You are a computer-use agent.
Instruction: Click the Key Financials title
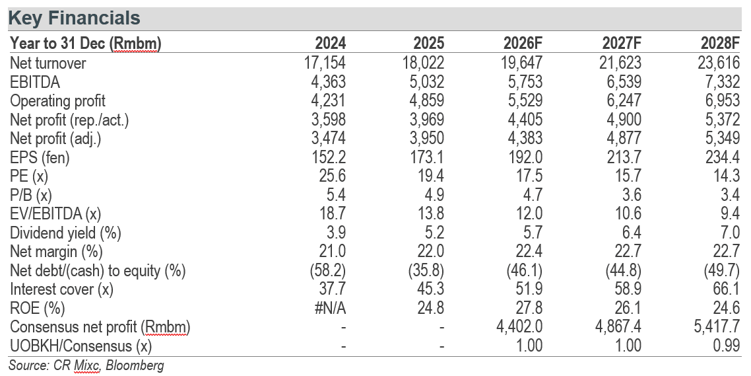74,19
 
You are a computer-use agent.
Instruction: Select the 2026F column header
523,43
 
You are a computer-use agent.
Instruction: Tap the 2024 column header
330,43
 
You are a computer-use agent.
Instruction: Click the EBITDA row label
35,82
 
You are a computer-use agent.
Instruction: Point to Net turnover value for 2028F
719,63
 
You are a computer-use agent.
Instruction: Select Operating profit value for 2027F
622,100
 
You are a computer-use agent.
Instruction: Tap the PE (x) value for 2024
333,176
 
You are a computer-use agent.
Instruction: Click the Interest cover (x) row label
62,289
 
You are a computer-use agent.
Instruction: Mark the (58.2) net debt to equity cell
327,270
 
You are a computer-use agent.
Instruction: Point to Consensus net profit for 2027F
617,327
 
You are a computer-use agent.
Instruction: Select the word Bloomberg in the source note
135,365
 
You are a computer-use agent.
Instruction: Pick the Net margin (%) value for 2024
333,251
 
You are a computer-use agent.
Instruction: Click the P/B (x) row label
30,195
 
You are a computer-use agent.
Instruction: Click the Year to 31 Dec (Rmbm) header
86,44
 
